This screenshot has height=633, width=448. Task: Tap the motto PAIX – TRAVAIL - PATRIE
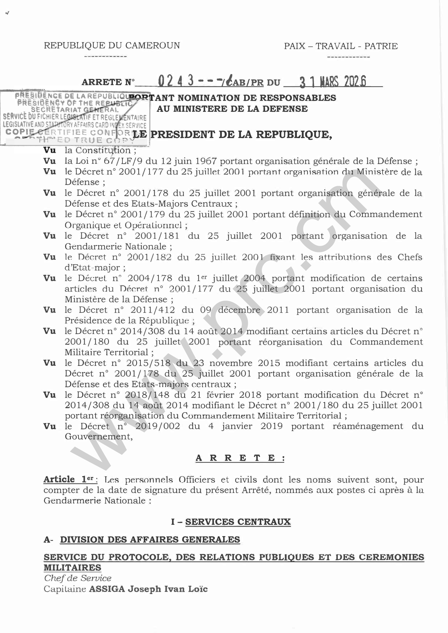tap(341, 46)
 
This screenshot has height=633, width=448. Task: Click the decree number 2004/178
tap(150, 278)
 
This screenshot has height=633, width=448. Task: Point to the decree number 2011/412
tap(153, 310)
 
